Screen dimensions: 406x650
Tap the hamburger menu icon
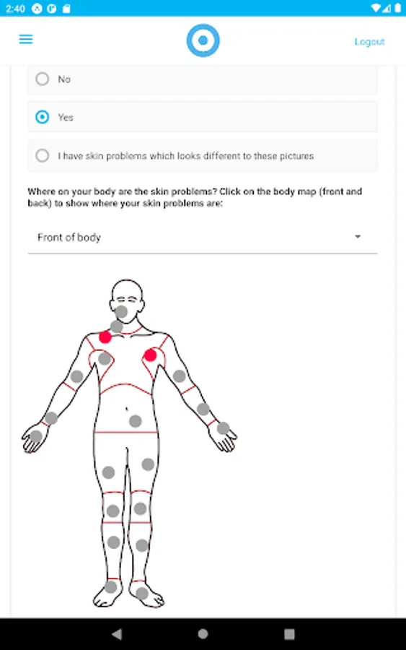pyautogui.click(x=26, y=40)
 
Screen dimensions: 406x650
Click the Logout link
pyautogui.click(x=369, y=41)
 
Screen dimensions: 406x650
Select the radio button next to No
pyautogui.click(x=43, y=79)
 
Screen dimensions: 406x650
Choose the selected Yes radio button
pyautogui.click(x=43, y=117)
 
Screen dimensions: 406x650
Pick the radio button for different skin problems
pyautogui.click(x=43, y=155)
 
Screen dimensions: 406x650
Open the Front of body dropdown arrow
pyautogui.click(x=358, y=237)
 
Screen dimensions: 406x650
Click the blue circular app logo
pyautogui.click(x=203, y=40)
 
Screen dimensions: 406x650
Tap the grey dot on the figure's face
pyautogui.click(x=121, y=311)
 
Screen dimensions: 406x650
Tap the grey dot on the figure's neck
pyautogui.click(x=117, y=326)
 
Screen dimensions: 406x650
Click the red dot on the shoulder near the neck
pyautogui.click(x=105, y=337)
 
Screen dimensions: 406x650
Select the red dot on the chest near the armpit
pyautogui.click(x=150, y=355)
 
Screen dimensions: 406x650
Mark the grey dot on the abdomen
pyautogui.click(x=136, y=421)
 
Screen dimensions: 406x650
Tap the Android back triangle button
pyautogui.click(x=117, y=633)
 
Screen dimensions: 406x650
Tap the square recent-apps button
pyautogui.click(x=289, y=634)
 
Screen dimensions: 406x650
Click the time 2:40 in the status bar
pyautogui.click(x=15, y=8)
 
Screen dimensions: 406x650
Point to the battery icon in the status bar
pyautogui.click(x=398, y=8)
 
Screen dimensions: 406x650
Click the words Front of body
pyautogui.click(x=69, y=237)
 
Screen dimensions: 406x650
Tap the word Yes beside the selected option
pyautogui.click(x=66, y=117)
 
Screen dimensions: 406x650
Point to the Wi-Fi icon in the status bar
pyautogui.click(x=376, y=8)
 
